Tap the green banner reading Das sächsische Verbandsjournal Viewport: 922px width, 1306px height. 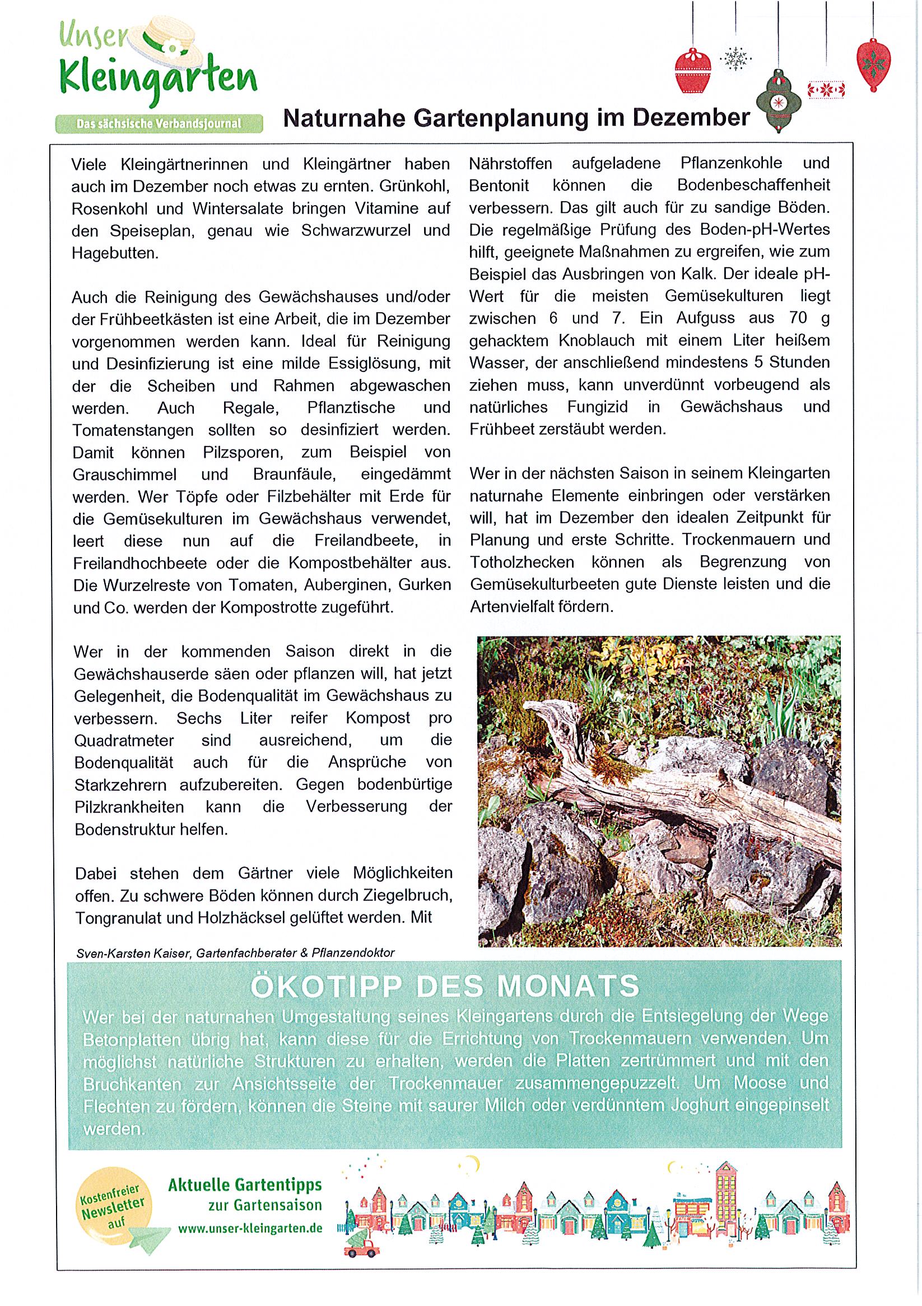coord(159,123)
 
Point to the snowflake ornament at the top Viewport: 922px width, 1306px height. coord(735,59)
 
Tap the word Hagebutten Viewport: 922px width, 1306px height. coord(115,254)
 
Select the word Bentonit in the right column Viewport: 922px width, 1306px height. coord(499,185)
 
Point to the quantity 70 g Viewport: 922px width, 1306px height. coord(809,318)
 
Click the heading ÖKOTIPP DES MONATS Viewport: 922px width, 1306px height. coord(445,986)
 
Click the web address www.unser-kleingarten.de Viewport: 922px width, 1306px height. coord(250,1228)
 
